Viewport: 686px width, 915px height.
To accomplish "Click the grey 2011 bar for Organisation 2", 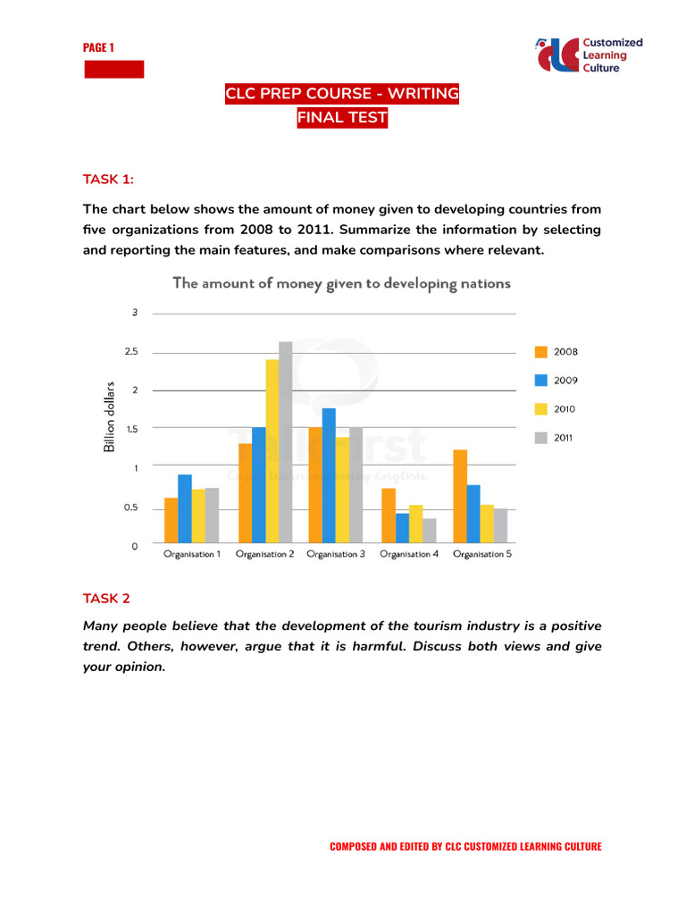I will pyautogui.click(x=286, y=441).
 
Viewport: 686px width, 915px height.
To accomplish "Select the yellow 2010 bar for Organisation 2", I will pyautogui.click(x=272, y=450).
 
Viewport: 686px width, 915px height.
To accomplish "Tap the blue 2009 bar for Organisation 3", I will pyautogui.click(x=329, y=474).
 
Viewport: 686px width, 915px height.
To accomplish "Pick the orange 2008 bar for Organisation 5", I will pyautogui.click(x=459, y=496).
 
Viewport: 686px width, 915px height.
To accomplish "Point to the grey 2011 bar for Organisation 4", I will pyautogui.click(x=430, y=530).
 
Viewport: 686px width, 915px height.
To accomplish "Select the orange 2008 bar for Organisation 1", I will pyautogui.click(x=171, y=520).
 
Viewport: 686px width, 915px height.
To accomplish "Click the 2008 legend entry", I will pyautogui.click(x=556, y=352).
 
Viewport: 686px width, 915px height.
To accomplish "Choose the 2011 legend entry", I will pyautogui.click(x=556, y=438).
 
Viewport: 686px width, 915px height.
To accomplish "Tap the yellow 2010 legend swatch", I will pyautogui.click(x=540, y=409).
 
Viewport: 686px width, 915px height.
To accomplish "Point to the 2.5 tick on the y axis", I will pyautogui.click(x=131, y=352).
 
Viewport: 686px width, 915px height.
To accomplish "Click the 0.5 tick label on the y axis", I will pyautogui.click(x=131, y=508).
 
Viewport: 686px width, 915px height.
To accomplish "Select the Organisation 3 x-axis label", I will pyautogui.click(x=335, y=555).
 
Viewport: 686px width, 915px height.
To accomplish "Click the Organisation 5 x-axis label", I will pyautogui.click(x=482, y=555).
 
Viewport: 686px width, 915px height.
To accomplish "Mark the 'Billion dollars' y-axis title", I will pyautogui.click(x=110, y=416).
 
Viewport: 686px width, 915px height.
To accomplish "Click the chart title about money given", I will pyautogui.click(x=341, y=283).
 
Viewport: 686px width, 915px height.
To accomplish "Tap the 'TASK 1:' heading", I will pyautogui.click(x=108, y=180).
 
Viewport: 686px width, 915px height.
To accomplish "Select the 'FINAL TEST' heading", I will pyautogui.click(x=342, y=118).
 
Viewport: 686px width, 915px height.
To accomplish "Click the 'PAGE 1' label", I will pyautogui.click(x=98, y=47).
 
